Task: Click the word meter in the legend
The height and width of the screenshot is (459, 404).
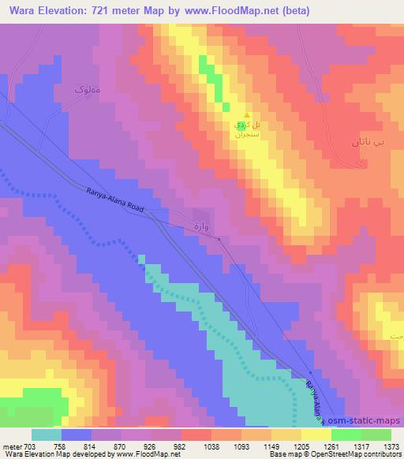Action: (x=12, y=446)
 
